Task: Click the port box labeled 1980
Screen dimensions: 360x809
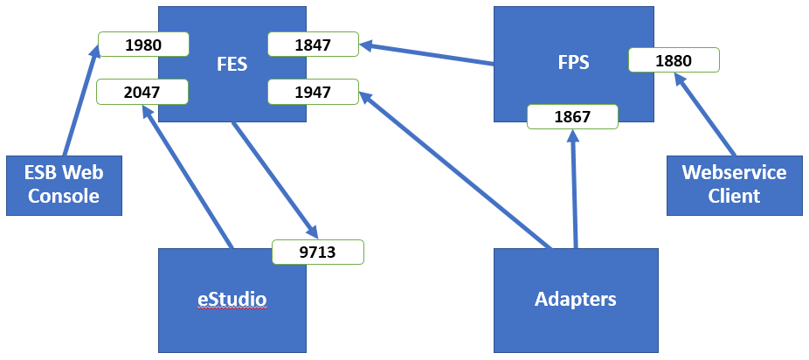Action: (x=143, y=45)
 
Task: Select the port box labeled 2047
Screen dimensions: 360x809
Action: (x=143, y=91)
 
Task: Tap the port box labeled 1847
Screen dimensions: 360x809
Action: (x=313, y=45)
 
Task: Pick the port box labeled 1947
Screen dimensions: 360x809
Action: (x=313, y=91)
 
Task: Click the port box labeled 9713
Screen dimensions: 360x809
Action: (x=317, y=252)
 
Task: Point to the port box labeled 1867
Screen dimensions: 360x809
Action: (x=572, y=116)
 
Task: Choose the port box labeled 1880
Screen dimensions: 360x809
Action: (x=673, y=60)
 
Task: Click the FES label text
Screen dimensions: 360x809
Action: (x=232, y=64)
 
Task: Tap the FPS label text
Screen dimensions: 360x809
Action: (x=573, y=63)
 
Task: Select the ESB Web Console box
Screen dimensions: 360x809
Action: (x=64, y=184)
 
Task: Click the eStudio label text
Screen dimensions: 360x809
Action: (x=232, y=300)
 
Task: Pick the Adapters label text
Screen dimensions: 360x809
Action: (x=575, y=299)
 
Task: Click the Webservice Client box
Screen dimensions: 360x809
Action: (x=734, y=184)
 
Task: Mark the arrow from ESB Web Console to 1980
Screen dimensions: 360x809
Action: (x=80, y=100)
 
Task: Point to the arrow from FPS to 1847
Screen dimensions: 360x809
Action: (x=428, y=53)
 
